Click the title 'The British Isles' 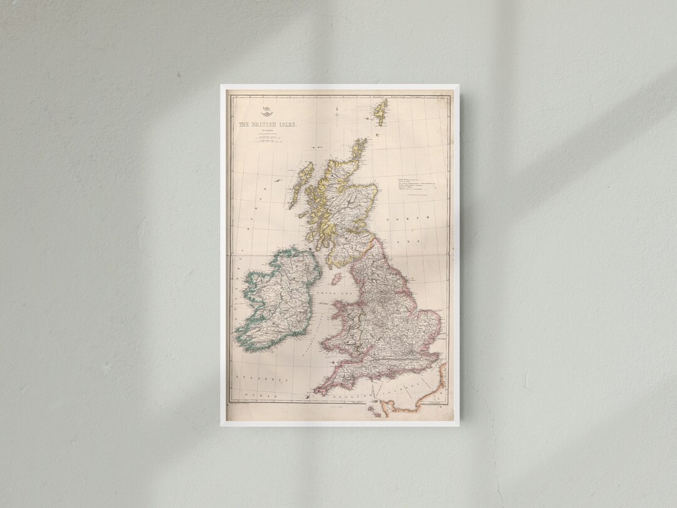[268, 125]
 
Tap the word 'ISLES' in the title [287, 125]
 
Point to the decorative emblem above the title [266, 112]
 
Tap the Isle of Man [337, 278]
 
